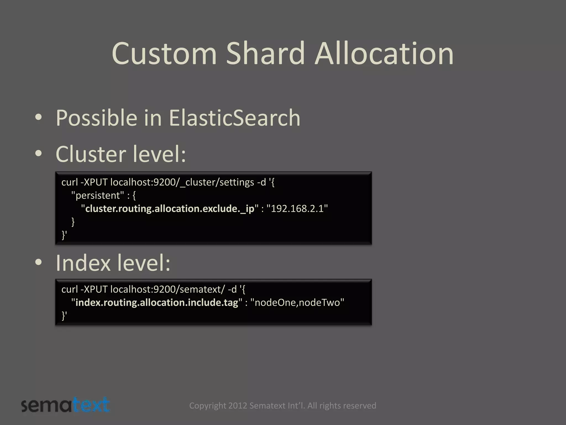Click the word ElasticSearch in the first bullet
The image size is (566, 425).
click(x=234, y=118)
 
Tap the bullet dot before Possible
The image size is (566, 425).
click(x=38, y=117)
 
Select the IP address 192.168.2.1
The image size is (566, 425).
click(x=297, y=208)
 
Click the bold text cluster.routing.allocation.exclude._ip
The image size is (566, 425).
click(x=170, y=209)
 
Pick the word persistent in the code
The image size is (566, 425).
click(x=98, y=195)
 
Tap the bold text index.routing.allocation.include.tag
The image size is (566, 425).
click(x=157, y=302)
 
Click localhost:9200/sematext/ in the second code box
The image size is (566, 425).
click(x=168, y=289)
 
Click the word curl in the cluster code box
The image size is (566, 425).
click(x=69, y=182)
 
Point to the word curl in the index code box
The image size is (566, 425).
click(x=69, y=289)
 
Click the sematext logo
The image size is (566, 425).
click(x=65, y=405)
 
